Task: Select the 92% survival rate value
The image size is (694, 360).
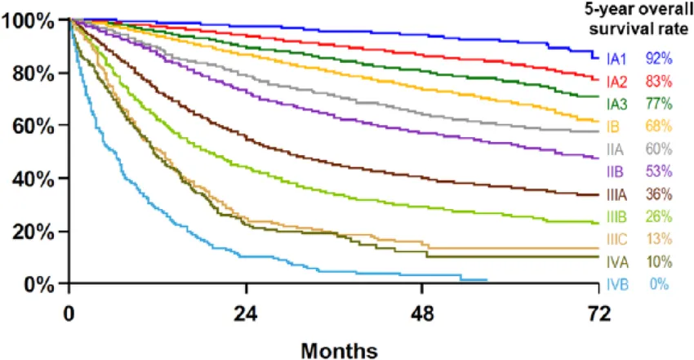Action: point(658,59)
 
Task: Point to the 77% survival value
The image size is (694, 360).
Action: point(658,104)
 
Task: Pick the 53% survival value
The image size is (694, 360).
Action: point(658,171)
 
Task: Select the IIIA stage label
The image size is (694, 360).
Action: point(617,194)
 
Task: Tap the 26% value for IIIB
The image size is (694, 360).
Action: point(658,216)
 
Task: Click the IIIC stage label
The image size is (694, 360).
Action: point(617,239)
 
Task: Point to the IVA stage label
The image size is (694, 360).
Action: point(616,262)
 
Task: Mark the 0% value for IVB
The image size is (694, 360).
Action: point(658,284)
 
